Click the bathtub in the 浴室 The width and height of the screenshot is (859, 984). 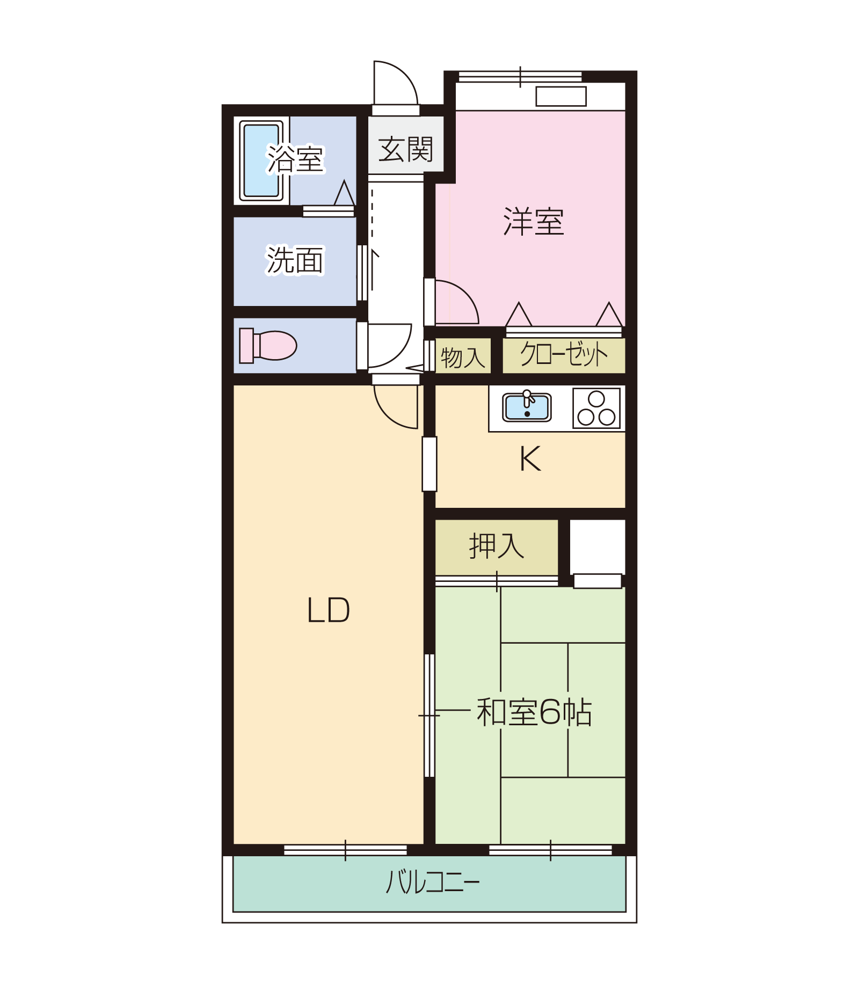(261, 161)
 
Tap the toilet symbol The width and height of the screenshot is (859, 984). (268, 345)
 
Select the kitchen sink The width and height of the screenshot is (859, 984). (527, 406)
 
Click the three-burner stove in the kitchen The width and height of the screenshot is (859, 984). (596, 409)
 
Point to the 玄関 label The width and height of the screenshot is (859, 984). (406, 149)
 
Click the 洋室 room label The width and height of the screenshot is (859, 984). (534, 222)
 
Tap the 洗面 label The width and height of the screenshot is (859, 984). (295, 260)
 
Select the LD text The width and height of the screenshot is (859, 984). (329, 610)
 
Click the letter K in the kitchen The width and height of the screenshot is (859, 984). (530, 459)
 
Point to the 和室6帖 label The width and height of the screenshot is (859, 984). (534, 712)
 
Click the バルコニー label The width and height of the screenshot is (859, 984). (433, 882)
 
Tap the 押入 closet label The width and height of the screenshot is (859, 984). (497, 546)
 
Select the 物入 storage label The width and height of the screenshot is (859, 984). (463, 357)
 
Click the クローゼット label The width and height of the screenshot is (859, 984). (564, 354)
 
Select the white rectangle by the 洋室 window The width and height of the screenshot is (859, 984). (561, 97)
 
